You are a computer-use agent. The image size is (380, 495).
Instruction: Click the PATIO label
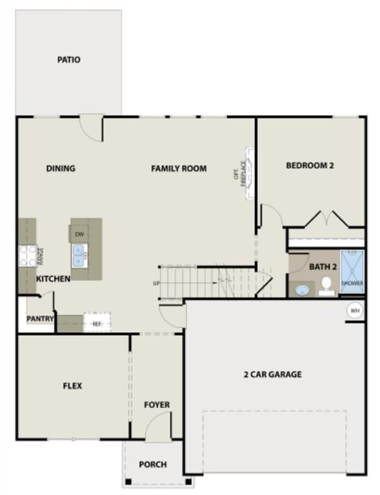tap(68, 60)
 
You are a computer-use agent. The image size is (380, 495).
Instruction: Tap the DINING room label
tap(61, 169)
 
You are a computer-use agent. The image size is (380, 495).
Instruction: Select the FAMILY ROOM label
tap(179, 169)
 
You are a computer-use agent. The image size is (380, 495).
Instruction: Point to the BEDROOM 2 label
tap(310, 166)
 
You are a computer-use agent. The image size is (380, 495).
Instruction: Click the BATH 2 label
tap(323, 266)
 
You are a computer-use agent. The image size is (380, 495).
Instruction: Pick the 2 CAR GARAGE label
tap(272, 374)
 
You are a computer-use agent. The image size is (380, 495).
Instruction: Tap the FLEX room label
tap(72, 386)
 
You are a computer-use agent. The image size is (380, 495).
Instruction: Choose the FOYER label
tap(157, 405)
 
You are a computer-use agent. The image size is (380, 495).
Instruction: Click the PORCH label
tap(153, 464)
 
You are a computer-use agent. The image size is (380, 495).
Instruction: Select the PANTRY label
tap(40, 319)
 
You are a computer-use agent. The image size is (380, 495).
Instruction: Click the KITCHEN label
tap(53, 279)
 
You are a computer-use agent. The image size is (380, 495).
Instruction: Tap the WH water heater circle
tap(354, 310)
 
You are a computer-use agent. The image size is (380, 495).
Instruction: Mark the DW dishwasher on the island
tap(79, 235)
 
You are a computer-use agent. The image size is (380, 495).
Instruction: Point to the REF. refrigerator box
tap(97, 322)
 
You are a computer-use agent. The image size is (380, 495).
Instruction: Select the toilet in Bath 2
tap(326, 285)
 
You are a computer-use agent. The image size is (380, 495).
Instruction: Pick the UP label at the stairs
tap(156, 283)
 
